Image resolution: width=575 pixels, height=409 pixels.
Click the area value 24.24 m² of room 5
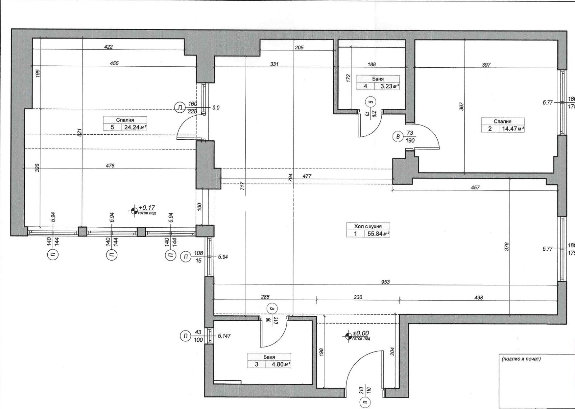pyautogui.click(x=135, y=127)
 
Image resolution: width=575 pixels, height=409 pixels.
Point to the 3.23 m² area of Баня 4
pyautogui.click(x=390, y=86)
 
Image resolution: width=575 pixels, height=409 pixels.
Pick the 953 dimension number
pyautogui.click(x=385, y=282)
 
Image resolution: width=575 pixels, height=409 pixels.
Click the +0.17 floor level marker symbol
pyautogui.click(x=134, y=211)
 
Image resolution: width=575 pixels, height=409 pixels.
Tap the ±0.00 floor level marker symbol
pyautogui.click(x=348, y=336)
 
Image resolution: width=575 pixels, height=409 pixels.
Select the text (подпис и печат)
pyautogui.click(x=521, y=359)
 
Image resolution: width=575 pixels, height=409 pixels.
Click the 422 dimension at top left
pyautogui.click(x=108, y=47)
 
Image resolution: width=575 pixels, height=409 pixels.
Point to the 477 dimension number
pyautogui.click(x=307, y=176)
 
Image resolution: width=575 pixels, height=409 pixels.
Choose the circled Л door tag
pyautogui.click(x=179, y=108)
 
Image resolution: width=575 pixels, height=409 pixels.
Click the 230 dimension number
pyautogui.click(x=358, y=297)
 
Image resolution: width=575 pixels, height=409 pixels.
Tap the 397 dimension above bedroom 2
pyautogui.click(x=486, y=65)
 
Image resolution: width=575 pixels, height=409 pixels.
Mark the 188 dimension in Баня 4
pyautogui.click(x=372, y=64)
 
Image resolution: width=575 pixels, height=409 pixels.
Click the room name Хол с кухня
pyautogui.click(x=368, y=226)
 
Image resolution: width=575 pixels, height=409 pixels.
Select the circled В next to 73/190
pyautogui.click(x=398, y=136)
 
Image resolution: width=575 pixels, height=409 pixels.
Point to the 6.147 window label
pyautogui.click(x=224, y=336)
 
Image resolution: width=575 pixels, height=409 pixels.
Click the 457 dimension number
pyautogui.click(x=475, y=188)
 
